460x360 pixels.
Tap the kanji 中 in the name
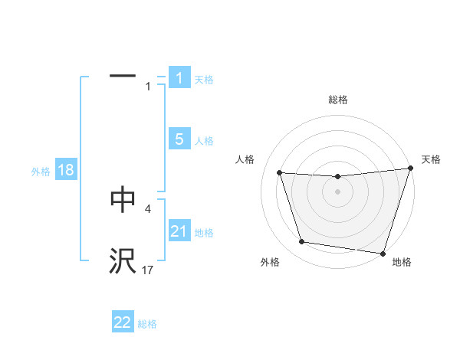tap(123, 198)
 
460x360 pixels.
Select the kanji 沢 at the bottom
tap(123, 260)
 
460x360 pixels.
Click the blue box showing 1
tap(179, 77)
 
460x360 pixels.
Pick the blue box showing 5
tap(179, 139)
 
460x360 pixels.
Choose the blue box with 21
tap(179, 231)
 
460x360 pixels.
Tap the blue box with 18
tap(66, 170)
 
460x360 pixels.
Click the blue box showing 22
tap(123, 322)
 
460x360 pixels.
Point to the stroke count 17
tap(148, 270)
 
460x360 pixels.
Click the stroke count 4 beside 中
tap(148, 208)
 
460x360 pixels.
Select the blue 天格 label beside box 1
tap(204, 80)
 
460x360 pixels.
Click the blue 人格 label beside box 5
tap(204, 141)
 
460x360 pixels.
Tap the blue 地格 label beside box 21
tap(204, 233)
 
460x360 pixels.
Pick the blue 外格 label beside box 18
tap(41, 172)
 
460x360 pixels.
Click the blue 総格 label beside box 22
tap(147, 325)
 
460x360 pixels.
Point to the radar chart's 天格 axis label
tap(432, 159)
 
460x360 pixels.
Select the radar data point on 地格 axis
tap(383, 253)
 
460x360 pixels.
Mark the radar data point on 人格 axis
tap(280, 173)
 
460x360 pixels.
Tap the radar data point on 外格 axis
tap(302, 242)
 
